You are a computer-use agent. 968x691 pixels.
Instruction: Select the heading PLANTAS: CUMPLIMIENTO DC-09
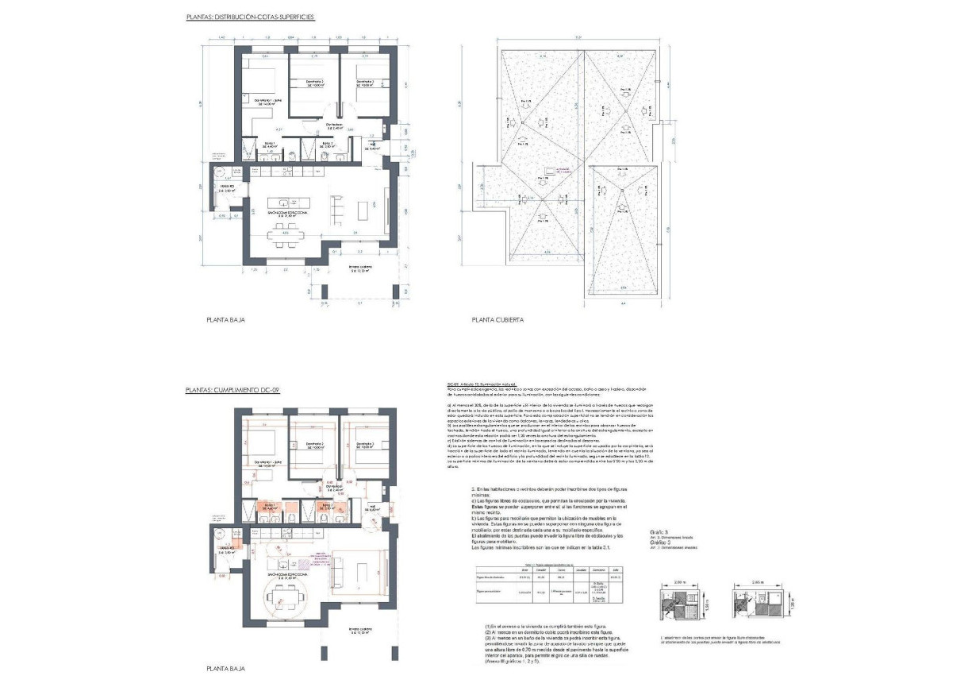pos(233,391)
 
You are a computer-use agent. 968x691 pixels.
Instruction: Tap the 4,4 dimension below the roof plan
pos(624,303)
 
